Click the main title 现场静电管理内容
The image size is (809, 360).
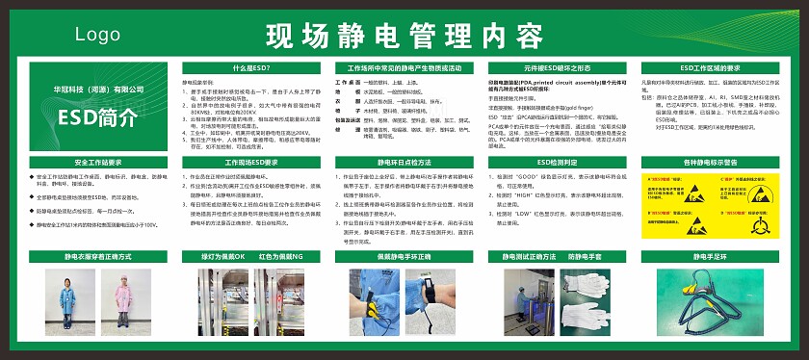[x=404, y=37]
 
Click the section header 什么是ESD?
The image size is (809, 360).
[x=250, y=68]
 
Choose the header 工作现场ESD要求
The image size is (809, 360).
[x=250, y=162]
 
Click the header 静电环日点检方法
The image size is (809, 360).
[x=404, y=162]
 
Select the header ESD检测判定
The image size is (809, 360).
[x=557, y=162]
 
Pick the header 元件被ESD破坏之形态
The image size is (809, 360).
[x=557, y=68]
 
